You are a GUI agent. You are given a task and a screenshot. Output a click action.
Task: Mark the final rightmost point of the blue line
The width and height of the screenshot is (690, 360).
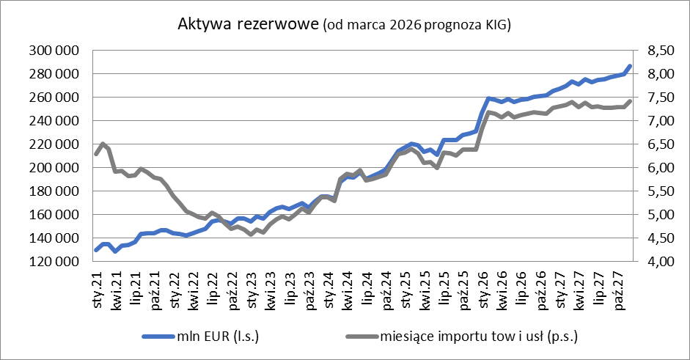pos(630,67)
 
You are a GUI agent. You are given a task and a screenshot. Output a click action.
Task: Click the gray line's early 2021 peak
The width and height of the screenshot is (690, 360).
pos(103,144)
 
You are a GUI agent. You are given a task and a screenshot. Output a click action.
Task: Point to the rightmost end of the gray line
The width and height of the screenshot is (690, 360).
pos(630,101)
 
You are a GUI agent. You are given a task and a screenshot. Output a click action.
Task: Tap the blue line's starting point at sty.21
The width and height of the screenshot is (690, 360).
pos(96,250)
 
